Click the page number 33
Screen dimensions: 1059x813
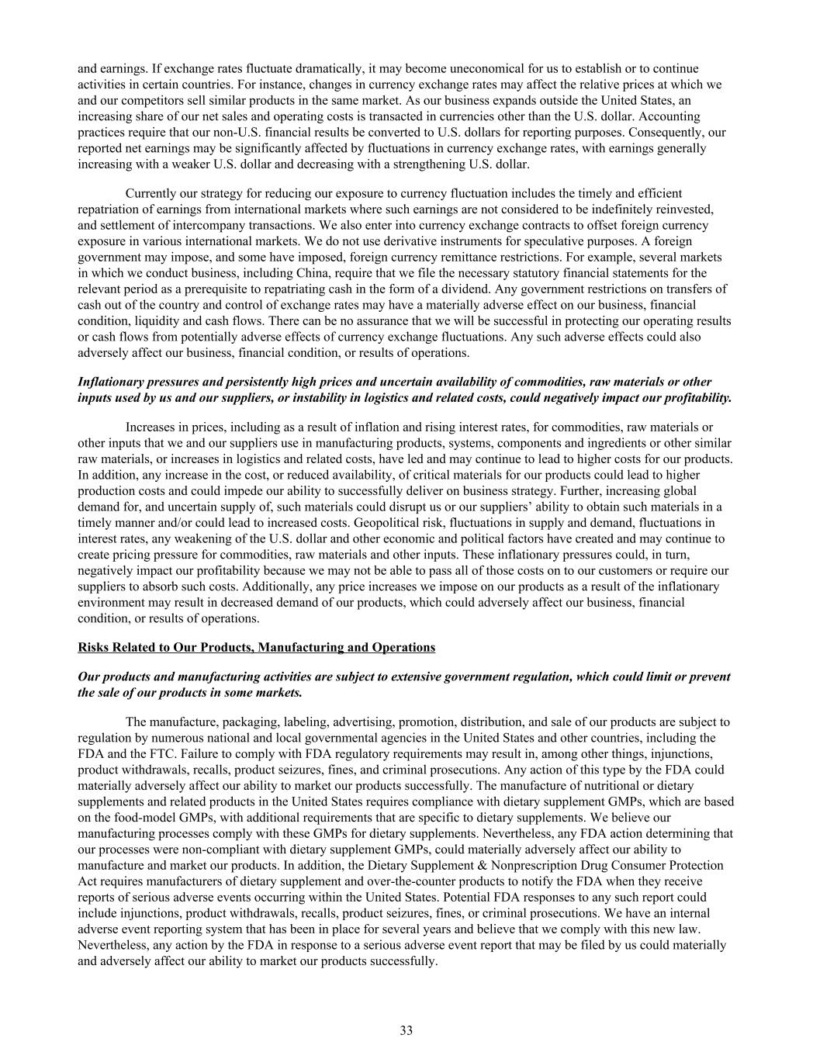pyautogui.click(x=406, y=1030)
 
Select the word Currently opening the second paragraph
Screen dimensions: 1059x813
pyautogui.click(x=150, y=193)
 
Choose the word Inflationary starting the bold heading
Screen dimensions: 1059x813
pyautogui.click(x=110, y=382)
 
